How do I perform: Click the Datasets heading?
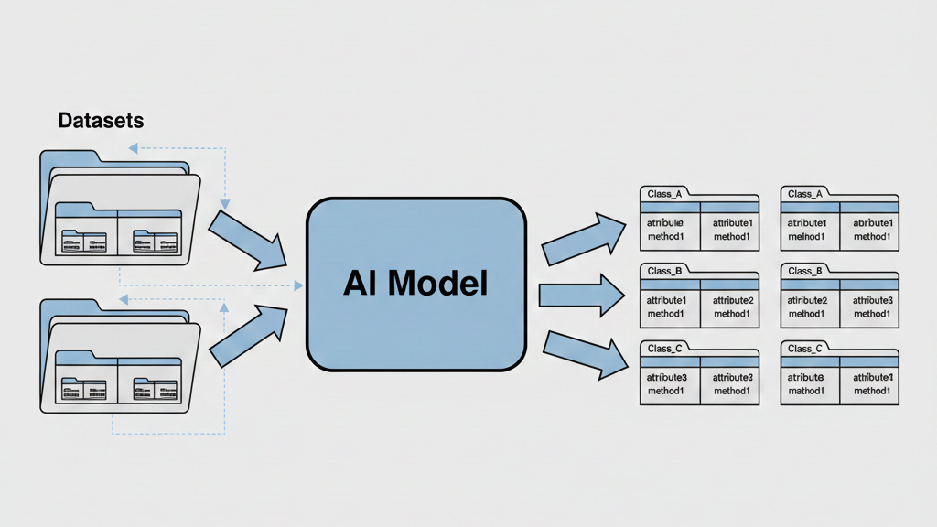[x=101, y=120]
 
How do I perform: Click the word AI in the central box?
[x=361, y=283]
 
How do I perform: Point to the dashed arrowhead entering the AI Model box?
[x=297, y=285]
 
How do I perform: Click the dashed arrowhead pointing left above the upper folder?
[x=134, y=146]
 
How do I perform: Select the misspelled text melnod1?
[x=806, y=237]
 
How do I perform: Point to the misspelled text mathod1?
[x=806, y=391]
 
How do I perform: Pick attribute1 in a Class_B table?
[x=665, y=300]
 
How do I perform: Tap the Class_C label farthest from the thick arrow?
[x=805, y=349]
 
